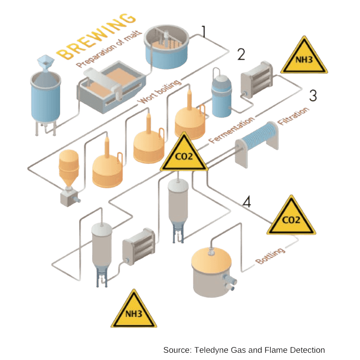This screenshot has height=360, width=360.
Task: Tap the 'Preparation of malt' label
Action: click(x=109, y=49)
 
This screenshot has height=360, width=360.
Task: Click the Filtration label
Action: click(x=293, y=116)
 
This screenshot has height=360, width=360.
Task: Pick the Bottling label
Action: click(x=270, y=256)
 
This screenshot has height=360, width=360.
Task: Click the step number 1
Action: click(x=204, y=31)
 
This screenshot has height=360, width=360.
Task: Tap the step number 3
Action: click(x=313, y=96)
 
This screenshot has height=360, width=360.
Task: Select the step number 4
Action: click(x=247, y=202)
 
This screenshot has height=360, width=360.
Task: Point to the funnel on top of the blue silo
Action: click(x=46, y=62)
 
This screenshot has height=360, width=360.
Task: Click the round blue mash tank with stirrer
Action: click(x=167, y=48)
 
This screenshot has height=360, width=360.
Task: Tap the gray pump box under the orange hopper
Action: click(x=69, y=197)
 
